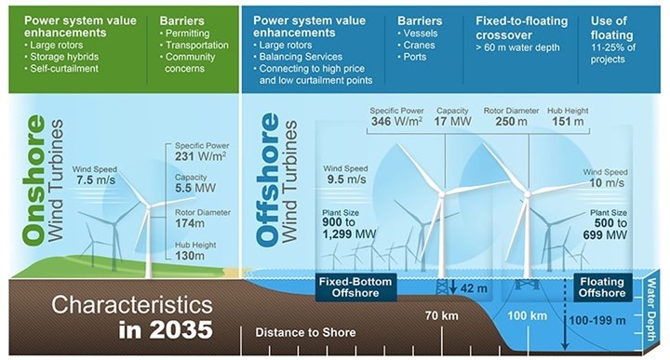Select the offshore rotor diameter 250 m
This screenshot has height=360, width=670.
[507, 121]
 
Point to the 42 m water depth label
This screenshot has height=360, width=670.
[474, 288]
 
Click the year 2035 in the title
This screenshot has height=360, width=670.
[181, 330]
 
